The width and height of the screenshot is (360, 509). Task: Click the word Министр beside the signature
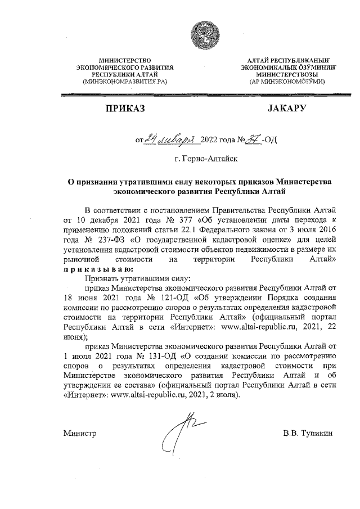point(80,434)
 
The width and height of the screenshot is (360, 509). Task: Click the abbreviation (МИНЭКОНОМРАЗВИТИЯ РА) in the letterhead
point(125,82)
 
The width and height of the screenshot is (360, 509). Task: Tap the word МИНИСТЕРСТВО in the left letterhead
point(125,60)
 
